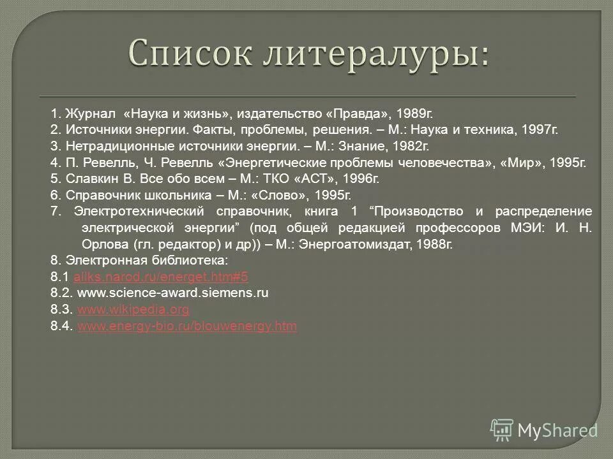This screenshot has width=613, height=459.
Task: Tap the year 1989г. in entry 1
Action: pyautogui.click(x=414, y=113)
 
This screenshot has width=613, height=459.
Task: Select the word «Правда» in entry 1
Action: pyautogui.click(x=357, y=113)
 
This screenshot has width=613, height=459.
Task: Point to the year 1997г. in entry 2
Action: pyautogui.click(x=538, y=130)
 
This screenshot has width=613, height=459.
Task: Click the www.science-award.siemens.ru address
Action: pyautogui.click(x=172, y=293)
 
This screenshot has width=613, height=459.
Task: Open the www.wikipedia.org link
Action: pyautogui.click(x=133, y=310)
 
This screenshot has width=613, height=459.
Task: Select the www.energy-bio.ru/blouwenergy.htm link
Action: pyautogui.click(x=186, y=326)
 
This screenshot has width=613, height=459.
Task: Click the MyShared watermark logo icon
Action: pyautogui.click(x=503, y=429)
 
